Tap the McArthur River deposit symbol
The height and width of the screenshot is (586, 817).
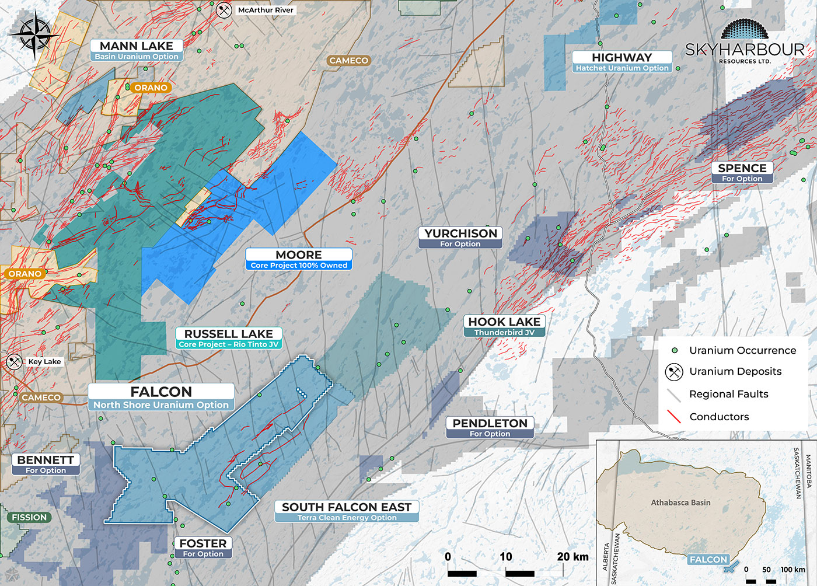224,10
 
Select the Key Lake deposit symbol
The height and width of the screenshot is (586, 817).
14,361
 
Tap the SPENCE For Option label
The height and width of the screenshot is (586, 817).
742,172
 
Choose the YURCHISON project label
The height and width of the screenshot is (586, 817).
460,238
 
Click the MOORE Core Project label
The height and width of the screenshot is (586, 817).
299,259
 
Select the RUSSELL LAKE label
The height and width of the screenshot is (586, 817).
229,338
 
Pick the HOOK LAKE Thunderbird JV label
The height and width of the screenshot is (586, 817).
505,326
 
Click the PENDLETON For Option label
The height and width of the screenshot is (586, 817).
490,427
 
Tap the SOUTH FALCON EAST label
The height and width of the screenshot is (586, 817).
347,511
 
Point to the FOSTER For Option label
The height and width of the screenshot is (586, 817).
203,547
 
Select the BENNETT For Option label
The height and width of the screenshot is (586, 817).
46,464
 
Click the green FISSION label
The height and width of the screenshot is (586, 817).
29,517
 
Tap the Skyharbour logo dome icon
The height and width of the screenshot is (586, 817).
745,30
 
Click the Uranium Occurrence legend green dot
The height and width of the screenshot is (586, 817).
675,350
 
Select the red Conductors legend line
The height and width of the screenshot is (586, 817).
674,416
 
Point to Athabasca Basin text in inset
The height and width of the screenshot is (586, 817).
680,503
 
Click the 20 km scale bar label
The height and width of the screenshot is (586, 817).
572,557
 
